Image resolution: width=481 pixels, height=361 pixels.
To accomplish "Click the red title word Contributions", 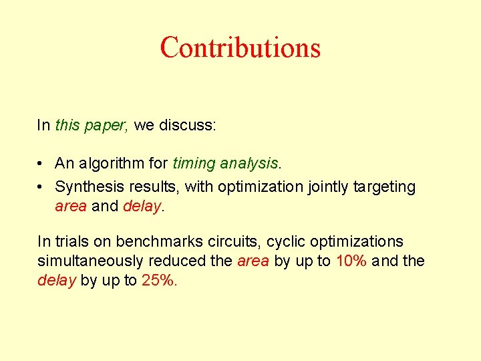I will tap(240, 47).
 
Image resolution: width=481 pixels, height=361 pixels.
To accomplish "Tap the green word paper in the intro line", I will tap(106, 125).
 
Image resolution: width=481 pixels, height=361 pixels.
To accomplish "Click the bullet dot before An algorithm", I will tap(41, 163).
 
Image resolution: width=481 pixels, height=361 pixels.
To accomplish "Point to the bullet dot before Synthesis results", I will tap(41, 187).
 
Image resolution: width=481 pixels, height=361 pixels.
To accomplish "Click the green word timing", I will tap(194, 163).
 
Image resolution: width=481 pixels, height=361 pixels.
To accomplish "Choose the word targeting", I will tap(383, 187).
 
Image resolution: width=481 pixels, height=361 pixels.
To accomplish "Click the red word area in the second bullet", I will tap(71, 207).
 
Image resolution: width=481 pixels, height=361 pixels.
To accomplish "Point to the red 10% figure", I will tap(351, 261).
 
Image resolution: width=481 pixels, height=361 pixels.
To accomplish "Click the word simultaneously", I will tap(91, 261).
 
